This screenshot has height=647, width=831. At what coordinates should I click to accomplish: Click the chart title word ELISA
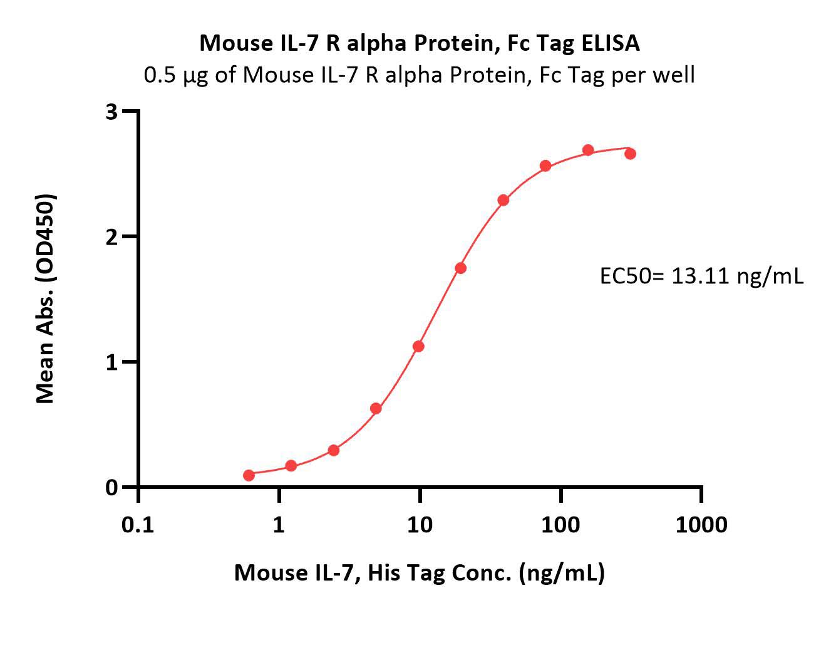coord(611,43)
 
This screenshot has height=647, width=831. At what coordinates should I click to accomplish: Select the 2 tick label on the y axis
coord(111,238)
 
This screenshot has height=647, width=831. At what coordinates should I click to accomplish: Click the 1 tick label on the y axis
coord(111,362)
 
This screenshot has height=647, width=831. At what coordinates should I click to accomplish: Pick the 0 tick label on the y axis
coord(111,488)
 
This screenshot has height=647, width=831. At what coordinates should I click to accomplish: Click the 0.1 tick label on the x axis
coord(138,525)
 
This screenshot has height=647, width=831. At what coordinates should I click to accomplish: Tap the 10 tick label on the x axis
coord(420,525)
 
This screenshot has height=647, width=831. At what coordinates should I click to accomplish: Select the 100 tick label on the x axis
coord(560,525)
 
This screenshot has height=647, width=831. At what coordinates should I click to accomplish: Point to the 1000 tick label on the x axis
coord(701,525)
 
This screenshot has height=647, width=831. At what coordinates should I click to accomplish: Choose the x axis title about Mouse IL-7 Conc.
coord(420,573)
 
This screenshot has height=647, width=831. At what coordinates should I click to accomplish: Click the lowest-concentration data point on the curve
coord(249,475)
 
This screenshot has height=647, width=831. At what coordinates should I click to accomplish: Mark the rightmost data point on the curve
coord(630,154)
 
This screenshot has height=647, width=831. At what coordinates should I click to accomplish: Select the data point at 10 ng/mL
coord(419,347)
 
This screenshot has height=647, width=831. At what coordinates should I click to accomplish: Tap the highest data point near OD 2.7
coord(588,150)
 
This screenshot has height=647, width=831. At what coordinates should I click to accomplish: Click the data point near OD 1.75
coord(461,268)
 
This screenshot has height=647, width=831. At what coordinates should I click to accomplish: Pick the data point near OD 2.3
coord(503,200)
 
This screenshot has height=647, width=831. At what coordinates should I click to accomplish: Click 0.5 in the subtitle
coord(160,75)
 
